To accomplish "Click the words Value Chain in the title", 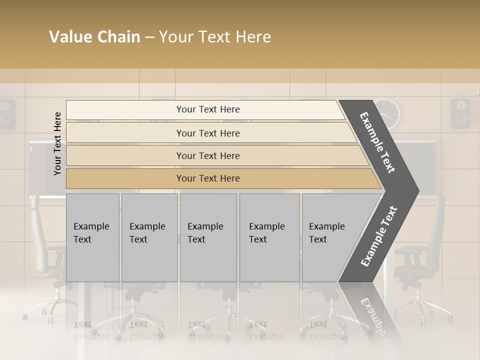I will point(94,37).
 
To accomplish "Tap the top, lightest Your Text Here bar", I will point(207,109).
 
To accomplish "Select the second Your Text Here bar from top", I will point(207,133).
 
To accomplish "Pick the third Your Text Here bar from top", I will point(207,155).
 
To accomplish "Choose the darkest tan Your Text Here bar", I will point(207,178).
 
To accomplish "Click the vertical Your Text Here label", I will point(58,143).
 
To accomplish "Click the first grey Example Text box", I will point(92,237).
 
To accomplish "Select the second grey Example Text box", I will point(149,237).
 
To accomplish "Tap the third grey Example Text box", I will point(208,237).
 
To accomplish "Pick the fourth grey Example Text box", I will point(269,237).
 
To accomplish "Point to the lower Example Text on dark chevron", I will point(379,236).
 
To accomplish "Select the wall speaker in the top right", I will point(460,113).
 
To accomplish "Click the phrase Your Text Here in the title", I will point(215,37).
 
